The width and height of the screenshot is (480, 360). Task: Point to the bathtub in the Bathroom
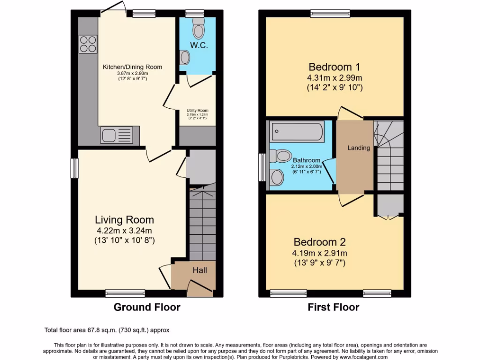click(297, 131)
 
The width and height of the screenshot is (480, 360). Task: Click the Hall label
click(200, 270)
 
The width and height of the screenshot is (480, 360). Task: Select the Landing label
click(359, 148)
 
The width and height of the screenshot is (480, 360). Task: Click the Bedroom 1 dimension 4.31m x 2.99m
click(334, 78)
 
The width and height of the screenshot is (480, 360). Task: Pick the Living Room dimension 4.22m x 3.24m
click(124, 230)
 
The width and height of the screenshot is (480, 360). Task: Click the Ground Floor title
click(147, 307)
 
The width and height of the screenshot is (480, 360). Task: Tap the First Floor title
click(333, 307)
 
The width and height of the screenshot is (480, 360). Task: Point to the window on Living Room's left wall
click(74, 168)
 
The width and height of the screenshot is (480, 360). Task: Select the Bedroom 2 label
click(320, 242)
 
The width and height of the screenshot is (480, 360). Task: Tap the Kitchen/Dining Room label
click(132, 67)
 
